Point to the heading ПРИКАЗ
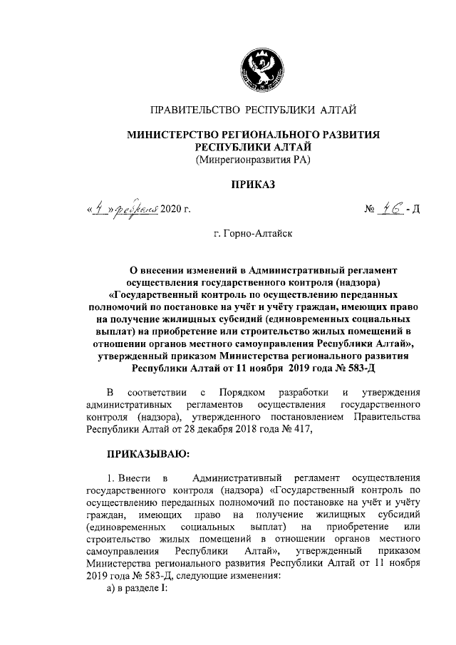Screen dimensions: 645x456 [253, 185]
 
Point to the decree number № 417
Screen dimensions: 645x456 [296, 429]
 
